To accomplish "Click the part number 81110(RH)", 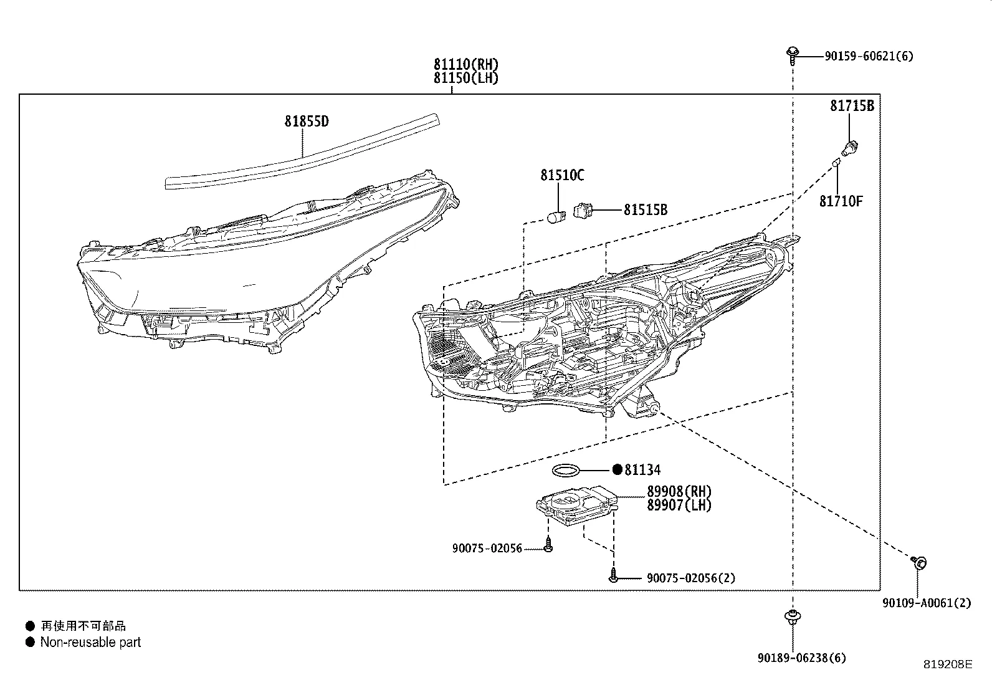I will click(467, 64).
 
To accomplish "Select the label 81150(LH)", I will click(467, 78).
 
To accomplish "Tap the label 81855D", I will click(307, 122).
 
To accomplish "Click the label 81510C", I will click(562, 176).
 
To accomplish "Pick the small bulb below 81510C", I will click(555, 216).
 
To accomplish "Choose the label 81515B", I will click(645, 210).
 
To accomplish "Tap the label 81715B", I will click(852, 106).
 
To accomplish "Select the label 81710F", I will click(841, 201).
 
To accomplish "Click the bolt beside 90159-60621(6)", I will click(793, 54).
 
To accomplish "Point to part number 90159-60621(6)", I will click(869, 57).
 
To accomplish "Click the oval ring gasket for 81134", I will click(566, 470).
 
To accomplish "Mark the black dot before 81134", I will click(617, 470).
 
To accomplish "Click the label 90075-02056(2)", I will click(690, 578).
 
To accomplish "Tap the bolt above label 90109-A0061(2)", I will click(918, 562).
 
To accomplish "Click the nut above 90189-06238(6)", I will click(792, 617).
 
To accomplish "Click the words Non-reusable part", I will click(90, 642).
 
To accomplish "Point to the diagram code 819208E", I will click(947, 664).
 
